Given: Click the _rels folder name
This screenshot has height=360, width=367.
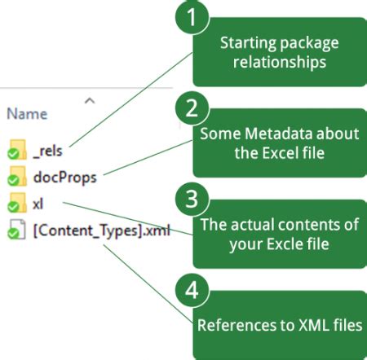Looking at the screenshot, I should [47, 151].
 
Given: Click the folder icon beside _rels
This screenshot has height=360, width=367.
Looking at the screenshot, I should [16, 149].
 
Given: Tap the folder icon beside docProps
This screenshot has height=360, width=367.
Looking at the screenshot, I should [16, 175].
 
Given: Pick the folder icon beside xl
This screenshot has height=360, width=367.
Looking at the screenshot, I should [16, 201].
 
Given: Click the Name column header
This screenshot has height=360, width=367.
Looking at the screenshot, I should [27, 114].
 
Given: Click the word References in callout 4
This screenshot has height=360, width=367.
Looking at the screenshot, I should [232, 326].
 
